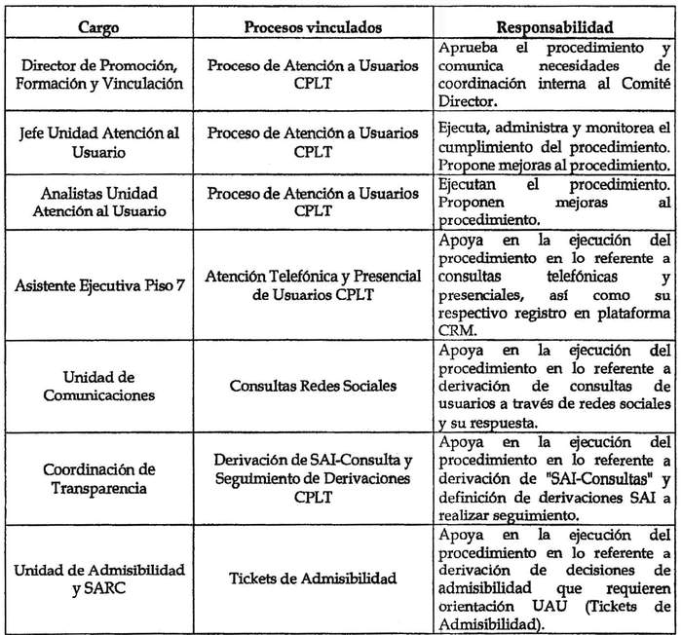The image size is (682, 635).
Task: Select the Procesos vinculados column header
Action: tap(308, 22)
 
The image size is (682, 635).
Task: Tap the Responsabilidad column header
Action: tap(552, 22)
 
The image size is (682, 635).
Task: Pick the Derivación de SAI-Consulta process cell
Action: tap(308, 475)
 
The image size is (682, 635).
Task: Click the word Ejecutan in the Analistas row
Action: tap(468, 183)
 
